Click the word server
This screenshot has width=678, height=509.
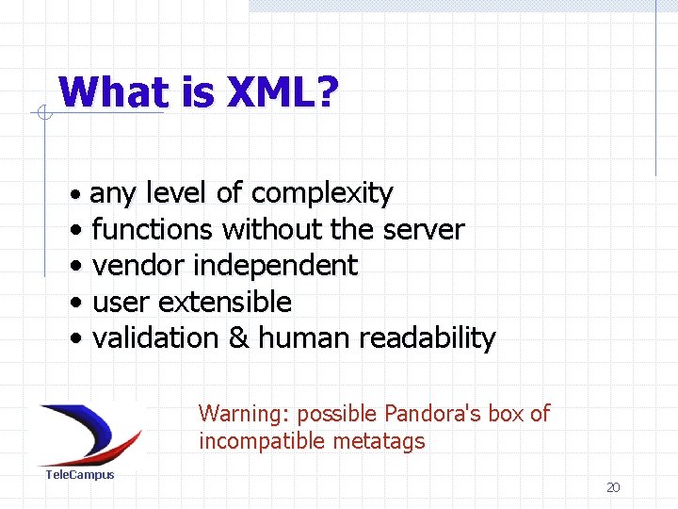coord(424,230)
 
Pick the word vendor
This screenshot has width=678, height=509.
coord(137,266)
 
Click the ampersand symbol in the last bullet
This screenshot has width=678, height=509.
coord(239,338)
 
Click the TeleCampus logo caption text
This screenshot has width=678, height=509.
coord(80,475)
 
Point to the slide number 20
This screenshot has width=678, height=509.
coord(613,487)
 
